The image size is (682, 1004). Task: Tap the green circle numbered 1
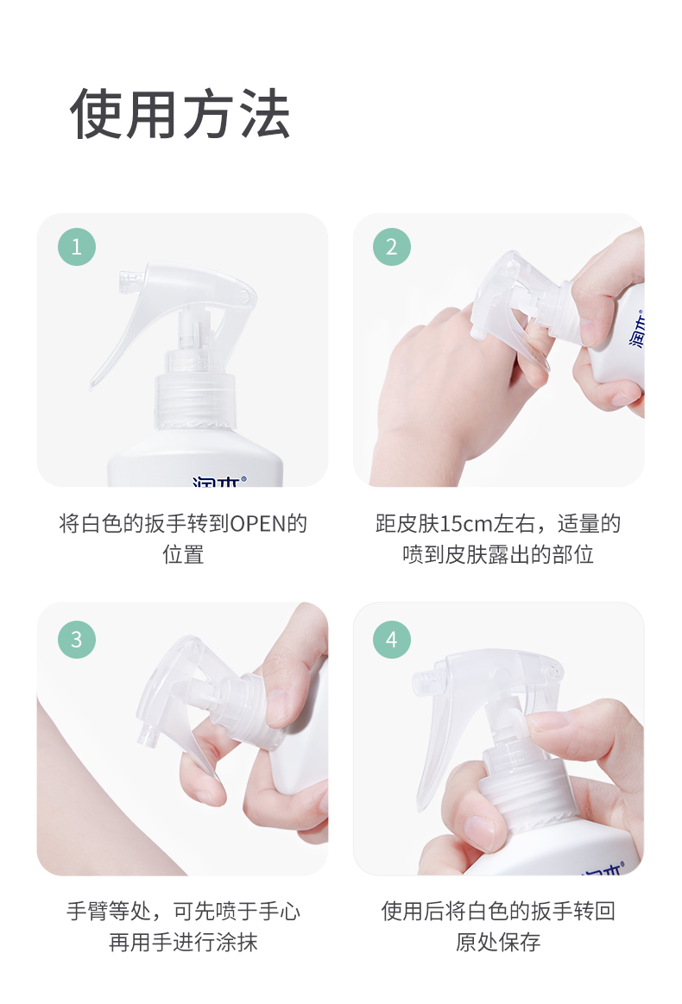tap(77, 247)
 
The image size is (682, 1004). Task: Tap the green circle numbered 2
tap(392, 247)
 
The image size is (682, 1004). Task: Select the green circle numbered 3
tap(77, 639)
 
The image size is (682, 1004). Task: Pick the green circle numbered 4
tap(392, 639)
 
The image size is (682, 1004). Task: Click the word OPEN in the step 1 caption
tap(257, 524)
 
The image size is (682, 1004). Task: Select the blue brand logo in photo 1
tap(219, 481)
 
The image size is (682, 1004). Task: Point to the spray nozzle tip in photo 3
tap(148, 736)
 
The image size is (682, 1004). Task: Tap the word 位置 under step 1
tap(183, 554)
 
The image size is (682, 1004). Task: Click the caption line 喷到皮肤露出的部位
tap(498, 554)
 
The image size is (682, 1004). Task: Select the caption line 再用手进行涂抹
tap(183, 942)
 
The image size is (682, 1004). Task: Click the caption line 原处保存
tap(498, 942)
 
